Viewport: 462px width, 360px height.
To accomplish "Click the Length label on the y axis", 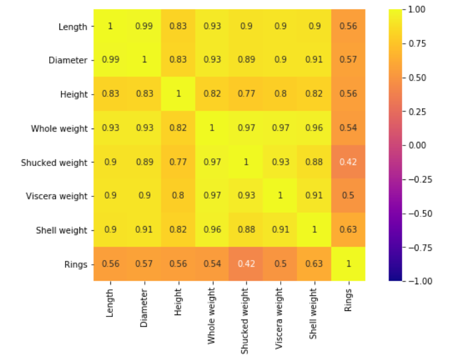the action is click(x=73, y=27).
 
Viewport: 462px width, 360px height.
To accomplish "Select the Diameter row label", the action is click(x=68, y=61).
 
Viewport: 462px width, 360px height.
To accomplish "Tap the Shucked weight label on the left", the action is click(x=54, y=162).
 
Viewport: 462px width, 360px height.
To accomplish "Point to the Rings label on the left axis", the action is click(x=76, y=265).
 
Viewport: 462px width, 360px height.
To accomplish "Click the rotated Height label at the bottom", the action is click(x=178, y=302).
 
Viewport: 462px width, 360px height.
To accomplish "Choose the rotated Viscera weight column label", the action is click(x=279, y=319).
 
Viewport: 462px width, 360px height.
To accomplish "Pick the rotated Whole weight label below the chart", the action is click(x=212, y=316).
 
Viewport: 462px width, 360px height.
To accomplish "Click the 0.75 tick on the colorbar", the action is click(x=417, y=44).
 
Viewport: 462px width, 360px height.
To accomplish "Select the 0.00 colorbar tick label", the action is click(x=417, y=145).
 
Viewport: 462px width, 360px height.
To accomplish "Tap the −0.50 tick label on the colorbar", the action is click(x=420, y=213).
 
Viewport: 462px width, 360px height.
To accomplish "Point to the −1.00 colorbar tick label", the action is click(x=420, y=281).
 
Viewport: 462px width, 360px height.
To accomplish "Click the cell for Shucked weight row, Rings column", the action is click(x=348, y=162).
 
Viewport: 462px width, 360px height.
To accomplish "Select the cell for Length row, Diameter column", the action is click(x=144, y=26).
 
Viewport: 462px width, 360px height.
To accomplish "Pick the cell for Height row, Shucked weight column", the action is click(x=246, y=94).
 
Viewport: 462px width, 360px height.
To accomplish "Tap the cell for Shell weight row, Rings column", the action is click(x=348, y=230).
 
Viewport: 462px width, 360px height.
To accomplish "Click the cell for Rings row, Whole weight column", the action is click(x=212, y=264).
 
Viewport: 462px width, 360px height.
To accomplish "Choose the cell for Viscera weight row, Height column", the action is click(x=178, y=196).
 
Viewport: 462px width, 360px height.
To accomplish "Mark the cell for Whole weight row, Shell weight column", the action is click(x=314, y=128).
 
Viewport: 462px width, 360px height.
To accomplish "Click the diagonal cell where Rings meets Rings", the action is click(x=348, y=264).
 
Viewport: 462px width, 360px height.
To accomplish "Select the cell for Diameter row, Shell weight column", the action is click(x=314, y=60).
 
